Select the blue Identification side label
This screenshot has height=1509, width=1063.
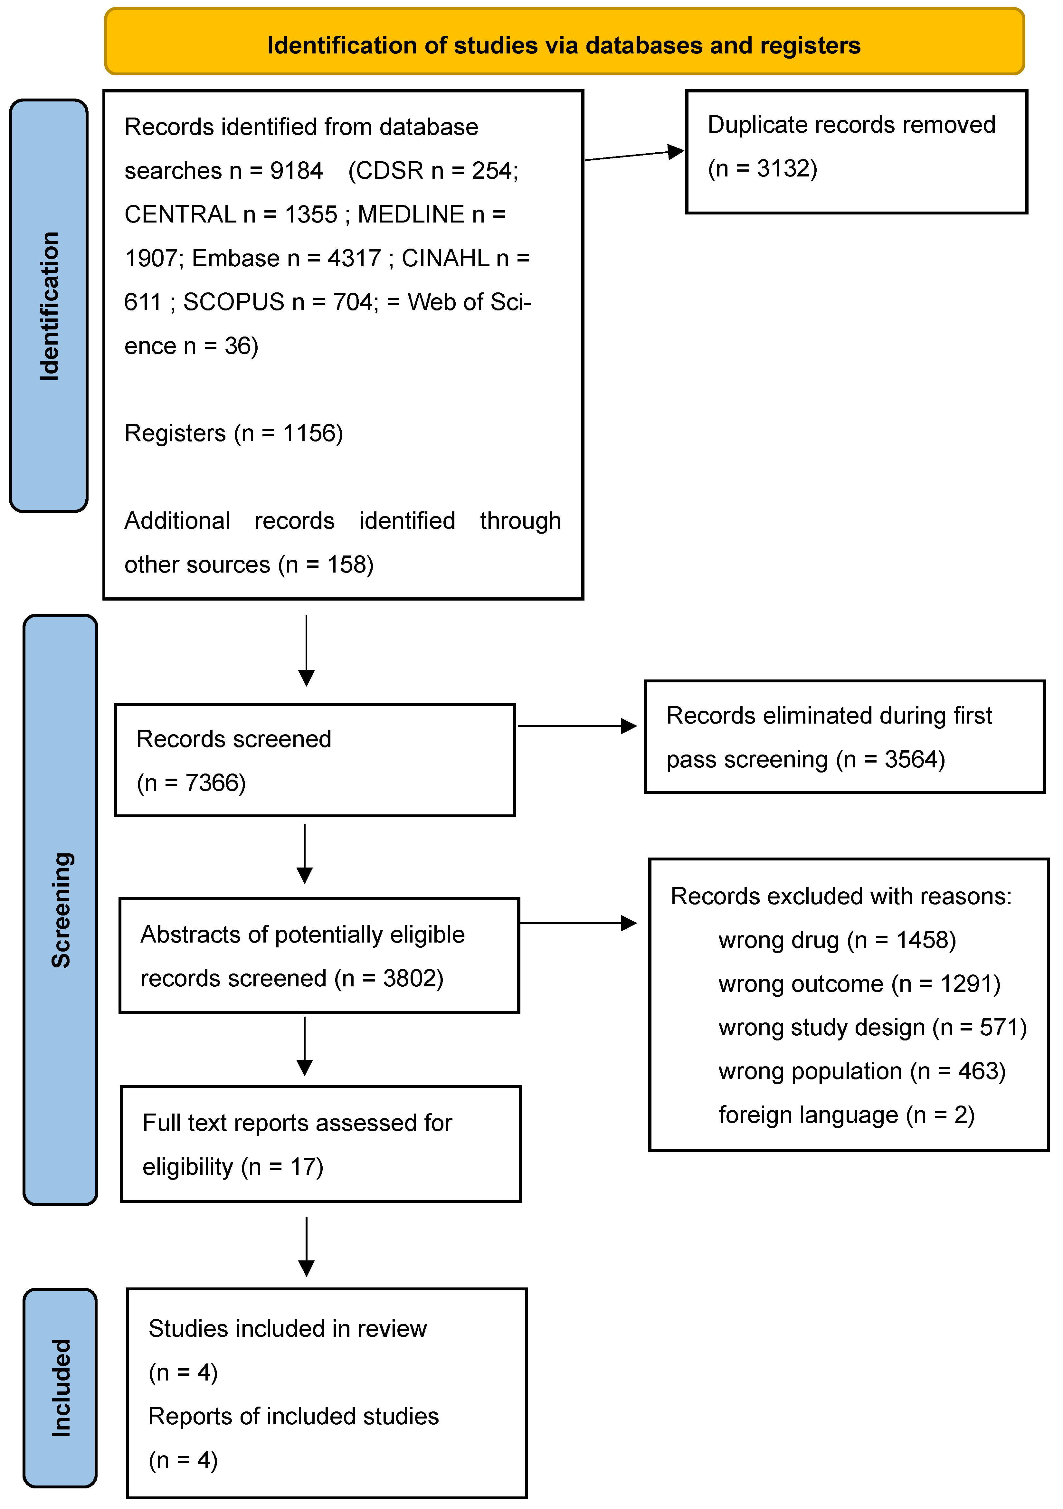click(49, 306)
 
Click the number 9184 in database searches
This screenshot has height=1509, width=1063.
click(297, 171)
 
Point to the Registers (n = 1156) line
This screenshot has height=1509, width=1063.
click(233, 433)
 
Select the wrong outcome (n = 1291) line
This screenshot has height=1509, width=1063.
click(859, 984)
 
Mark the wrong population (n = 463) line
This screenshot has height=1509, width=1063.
click(862, 1071)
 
